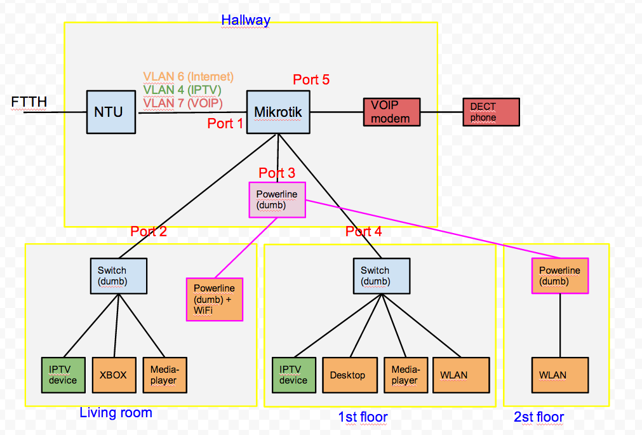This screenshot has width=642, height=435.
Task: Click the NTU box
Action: pyautogui.click(x=112, y=112)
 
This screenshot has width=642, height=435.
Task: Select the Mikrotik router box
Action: pyautogui.click(x=278, y=112)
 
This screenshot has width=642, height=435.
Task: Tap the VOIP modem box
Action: pyautogui.click(x=391, y=112)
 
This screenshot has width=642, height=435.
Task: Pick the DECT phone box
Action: pyautogui.click(x=491, y=112)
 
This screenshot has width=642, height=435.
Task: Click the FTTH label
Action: pyautogui.click(x=29, y=102)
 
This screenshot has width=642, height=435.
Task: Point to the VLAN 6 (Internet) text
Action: pyautogui.click(x=188, y=77)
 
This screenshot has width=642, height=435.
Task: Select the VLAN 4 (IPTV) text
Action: pyautogui.click(x=183, y=90)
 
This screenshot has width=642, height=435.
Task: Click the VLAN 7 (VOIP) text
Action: pyautogui.click(x=183, y=102)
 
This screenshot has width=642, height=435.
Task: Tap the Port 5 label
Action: pyautogui.click(x=311, y=80)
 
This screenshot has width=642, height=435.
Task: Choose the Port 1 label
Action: pyautogui.click(x=225, y=124)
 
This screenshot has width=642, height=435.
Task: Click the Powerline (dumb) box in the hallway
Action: pyautogui.click(x=277, y=199)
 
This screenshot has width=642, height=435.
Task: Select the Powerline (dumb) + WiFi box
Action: pyautogui.click(x=215, y=299)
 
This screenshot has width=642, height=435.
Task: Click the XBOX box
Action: pyautogui.click(x=114, y=375)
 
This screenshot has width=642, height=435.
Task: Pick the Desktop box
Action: pyautogui.click(x=348, y=375)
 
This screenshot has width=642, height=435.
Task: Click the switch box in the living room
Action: pyautogui.click(x=118, y=276)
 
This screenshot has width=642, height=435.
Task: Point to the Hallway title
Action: pyautogui.click(x=246, y=20)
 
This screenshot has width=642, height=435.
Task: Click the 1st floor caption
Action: pyautogui.click(x=363, y=417)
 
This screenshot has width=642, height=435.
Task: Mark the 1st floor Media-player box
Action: pyautogui.click(x=405, y=375)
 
